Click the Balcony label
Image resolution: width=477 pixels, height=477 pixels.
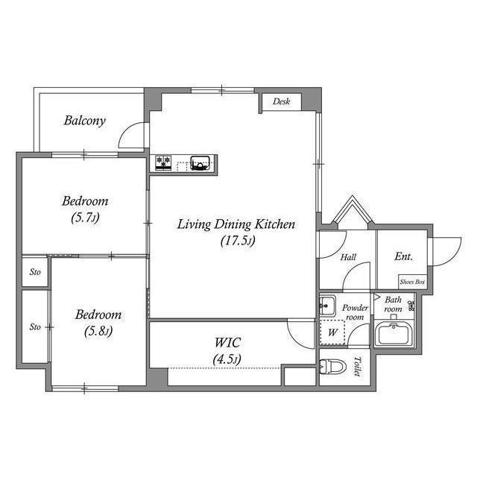84,120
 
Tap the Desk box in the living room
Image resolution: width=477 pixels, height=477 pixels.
280,101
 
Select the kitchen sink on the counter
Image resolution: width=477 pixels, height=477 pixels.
200,162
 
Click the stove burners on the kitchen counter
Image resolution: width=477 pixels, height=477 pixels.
163,162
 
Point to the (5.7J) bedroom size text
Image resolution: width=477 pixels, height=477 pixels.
84,218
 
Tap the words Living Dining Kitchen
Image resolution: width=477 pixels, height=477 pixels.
236,224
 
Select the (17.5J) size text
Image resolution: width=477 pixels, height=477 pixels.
238,241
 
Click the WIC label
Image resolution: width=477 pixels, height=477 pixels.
227,343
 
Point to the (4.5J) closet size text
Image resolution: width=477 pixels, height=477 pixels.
227,359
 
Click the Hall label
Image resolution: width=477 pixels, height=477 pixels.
348,257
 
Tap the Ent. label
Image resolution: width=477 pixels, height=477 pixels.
403,256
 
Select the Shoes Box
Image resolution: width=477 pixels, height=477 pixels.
412,282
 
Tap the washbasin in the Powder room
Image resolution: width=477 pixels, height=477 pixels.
326,306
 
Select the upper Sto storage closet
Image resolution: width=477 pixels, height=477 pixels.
35,272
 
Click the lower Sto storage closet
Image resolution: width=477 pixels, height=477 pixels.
35,326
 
